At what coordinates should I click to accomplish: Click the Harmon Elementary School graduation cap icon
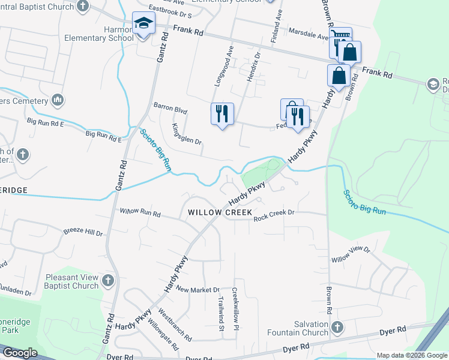pyautogui.click(x=143, y=24)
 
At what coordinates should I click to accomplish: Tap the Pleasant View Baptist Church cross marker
pyautogui.click(x=107, y=280)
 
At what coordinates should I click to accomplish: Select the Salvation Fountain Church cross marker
pyautogui.click(x=337, y=328)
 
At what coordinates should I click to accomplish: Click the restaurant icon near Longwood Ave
pyautogui.click(x=222, y=113)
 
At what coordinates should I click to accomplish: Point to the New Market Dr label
pyautogui.click(x=198, y=290)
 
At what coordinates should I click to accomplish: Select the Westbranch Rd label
pyautogui.click(x=175, y=325)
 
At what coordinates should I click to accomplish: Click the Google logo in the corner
pyautogui.click(x=19, y=353)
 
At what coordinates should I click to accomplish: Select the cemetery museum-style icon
pyautogui.click(x=58, y=99)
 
